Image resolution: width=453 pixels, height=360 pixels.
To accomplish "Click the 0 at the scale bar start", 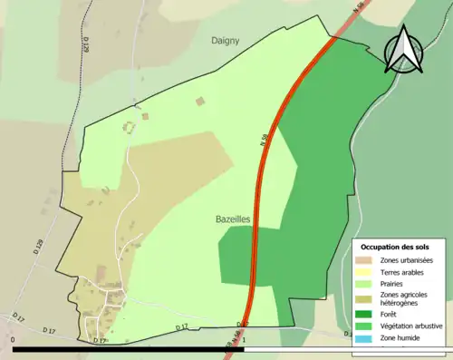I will click(x=14, y=343).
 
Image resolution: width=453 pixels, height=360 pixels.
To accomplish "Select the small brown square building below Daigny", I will click(x=200, y=101).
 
